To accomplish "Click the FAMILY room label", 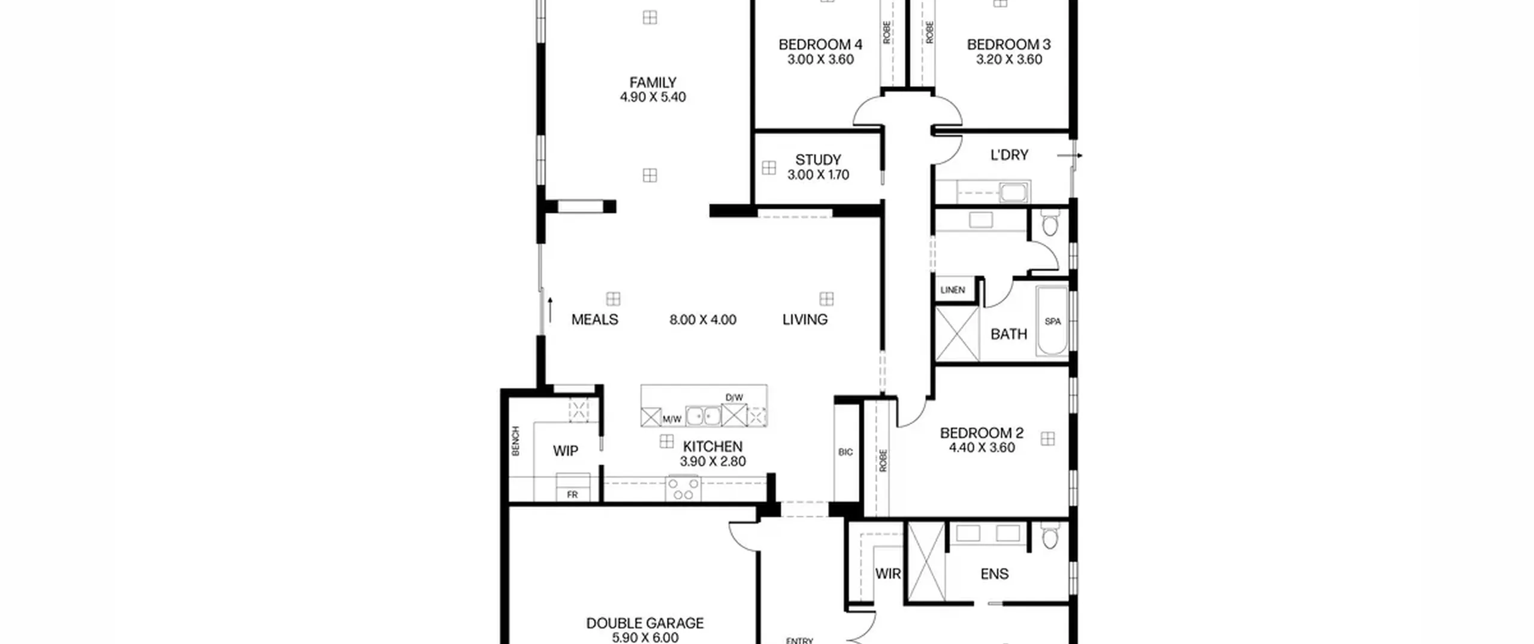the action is [x=653, y=82].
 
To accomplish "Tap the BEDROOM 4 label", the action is [x=820, y=44].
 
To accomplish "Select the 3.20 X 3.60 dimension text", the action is [x=1009, y=59].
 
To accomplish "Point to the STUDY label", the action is [x=818, y=160].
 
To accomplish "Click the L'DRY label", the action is [x=1009, y=155].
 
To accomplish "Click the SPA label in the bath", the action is [x=1053, y=322].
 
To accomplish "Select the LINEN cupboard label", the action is [x=953, y=290].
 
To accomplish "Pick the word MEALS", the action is [x=594, y=320].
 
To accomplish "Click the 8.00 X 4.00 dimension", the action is [x=703, y=320].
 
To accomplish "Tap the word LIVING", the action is [x=805, y=320].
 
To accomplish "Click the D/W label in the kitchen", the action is [x=734, y=398].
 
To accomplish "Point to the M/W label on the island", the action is [x=672, y=419].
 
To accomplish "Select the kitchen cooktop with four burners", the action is [x=683, y=489].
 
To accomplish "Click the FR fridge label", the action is [x=572, y=495].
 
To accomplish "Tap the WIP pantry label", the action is [x=565, y=451].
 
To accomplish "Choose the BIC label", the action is [x=845, y=452].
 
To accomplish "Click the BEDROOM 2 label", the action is [x=982, y=433].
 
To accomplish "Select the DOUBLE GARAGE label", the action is [x=645, y=624].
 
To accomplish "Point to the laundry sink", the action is [x=1013, y=193].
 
